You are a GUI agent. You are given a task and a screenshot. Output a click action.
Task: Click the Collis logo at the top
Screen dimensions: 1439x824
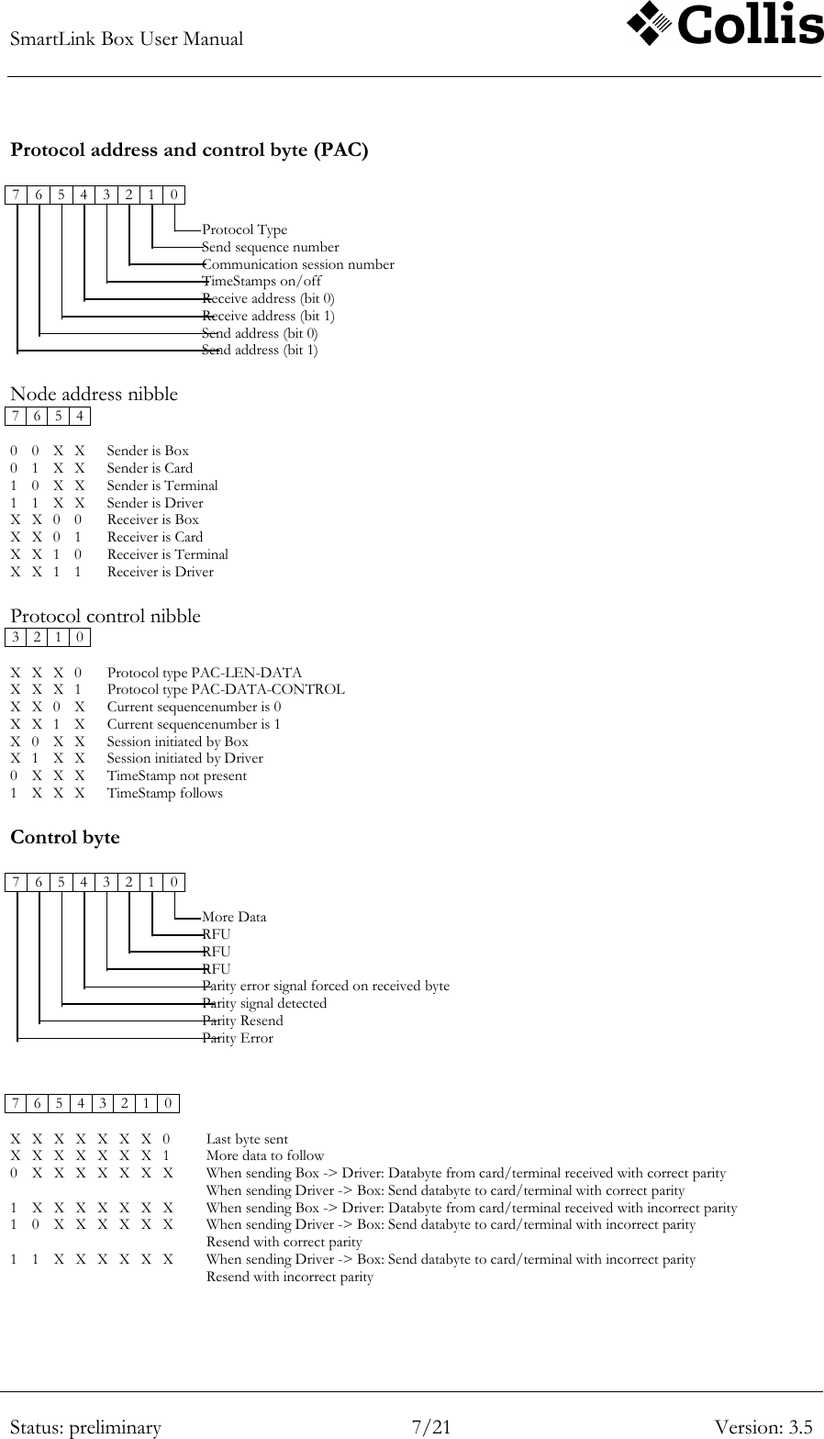pos(725,26)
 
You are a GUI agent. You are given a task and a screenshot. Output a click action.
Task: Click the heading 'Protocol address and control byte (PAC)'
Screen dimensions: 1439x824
pos(189,150)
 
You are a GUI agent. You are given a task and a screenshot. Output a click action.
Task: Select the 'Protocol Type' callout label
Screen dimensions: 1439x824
pos(244,229)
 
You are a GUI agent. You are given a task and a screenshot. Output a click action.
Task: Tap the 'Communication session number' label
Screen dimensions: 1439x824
pos(298,264)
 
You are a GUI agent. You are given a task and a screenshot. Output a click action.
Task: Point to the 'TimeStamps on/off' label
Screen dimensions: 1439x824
pos(262,281)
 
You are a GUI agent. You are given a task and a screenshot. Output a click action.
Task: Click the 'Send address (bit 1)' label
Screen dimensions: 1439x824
pos(260,350)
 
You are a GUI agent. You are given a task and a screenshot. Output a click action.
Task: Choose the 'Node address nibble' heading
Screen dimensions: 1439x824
pos(94,394)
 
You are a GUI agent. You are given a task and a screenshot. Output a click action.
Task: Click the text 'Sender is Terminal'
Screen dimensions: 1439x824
pos(162,485)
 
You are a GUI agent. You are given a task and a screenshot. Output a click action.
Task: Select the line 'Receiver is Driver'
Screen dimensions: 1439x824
pos(160,572)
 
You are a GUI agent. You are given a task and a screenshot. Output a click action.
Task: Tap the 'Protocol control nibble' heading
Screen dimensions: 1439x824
pos(105,616)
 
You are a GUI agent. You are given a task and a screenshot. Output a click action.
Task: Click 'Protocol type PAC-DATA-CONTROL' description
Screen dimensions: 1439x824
pos(226,689)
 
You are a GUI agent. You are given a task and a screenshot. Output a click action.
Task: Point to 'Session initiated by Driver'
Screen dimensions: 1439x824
pos(184,758)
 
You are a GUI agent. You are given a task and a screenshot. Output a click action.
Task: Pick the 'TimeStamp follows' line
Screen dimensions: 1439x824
pos(164,793)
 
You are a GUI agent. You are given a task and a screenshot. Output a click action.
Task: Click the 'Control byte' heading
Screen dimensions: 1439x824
pos(64,837)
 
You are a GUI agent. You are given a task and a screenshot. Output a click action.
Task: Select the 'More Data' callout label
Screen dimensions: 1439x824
pos(234,917)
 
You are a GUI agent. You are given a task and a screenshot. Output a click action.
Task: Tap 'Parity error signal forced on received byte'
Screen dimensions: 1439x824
pos(326,986)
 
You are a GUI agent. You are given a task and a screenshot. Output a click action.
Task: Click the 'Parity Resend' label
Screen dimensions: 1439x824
pos(242,1021)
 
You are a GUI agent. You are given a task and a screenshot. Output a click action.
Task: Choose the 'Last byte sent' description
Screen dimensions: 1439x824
pos(247,1139)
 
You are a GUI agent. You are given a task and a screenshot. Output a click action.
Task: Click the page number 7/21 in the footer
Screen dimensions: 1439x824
pos(431,1427)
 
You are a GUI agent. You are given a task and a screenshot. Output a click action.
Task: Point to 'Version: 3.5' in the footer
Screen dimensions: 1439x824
pos(763,1427)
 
